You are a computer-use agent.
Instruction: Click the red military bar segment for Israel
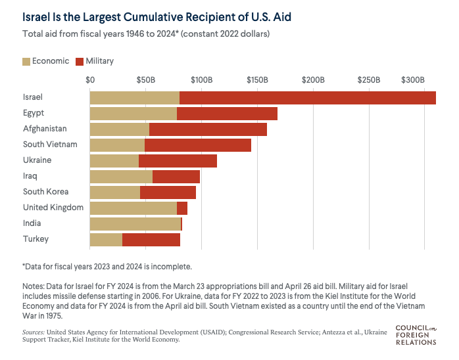tap(307, 97)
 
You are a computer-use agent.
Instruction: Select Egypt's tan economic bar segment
tap(133, 113)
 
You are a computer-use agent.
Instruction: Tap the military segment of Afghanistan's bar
tap(208, 129)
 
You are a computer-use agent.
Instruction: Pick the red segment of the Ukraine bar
tap(178, 160)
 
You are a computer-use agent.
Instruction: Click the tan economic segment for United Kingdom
tap(133, 208)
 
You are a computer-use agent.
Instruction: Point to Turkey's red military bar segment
tap(151, 239)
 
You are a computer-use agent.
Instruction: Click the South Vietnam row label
tap(50, 145)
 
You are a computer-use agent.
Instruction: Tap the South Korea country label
tap(46, 192)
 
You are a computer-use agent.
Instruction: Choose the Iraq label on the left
tap(30, 176)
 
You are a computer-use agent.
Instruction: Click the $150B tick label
tap(257, 79)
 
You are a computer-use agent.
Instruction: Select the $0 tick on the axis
tap(91, 79)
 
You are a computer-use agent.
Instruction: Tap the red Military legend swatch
tap(80, 61)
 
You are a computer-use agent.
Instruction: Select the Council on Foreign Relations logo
tap(416, 333)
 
